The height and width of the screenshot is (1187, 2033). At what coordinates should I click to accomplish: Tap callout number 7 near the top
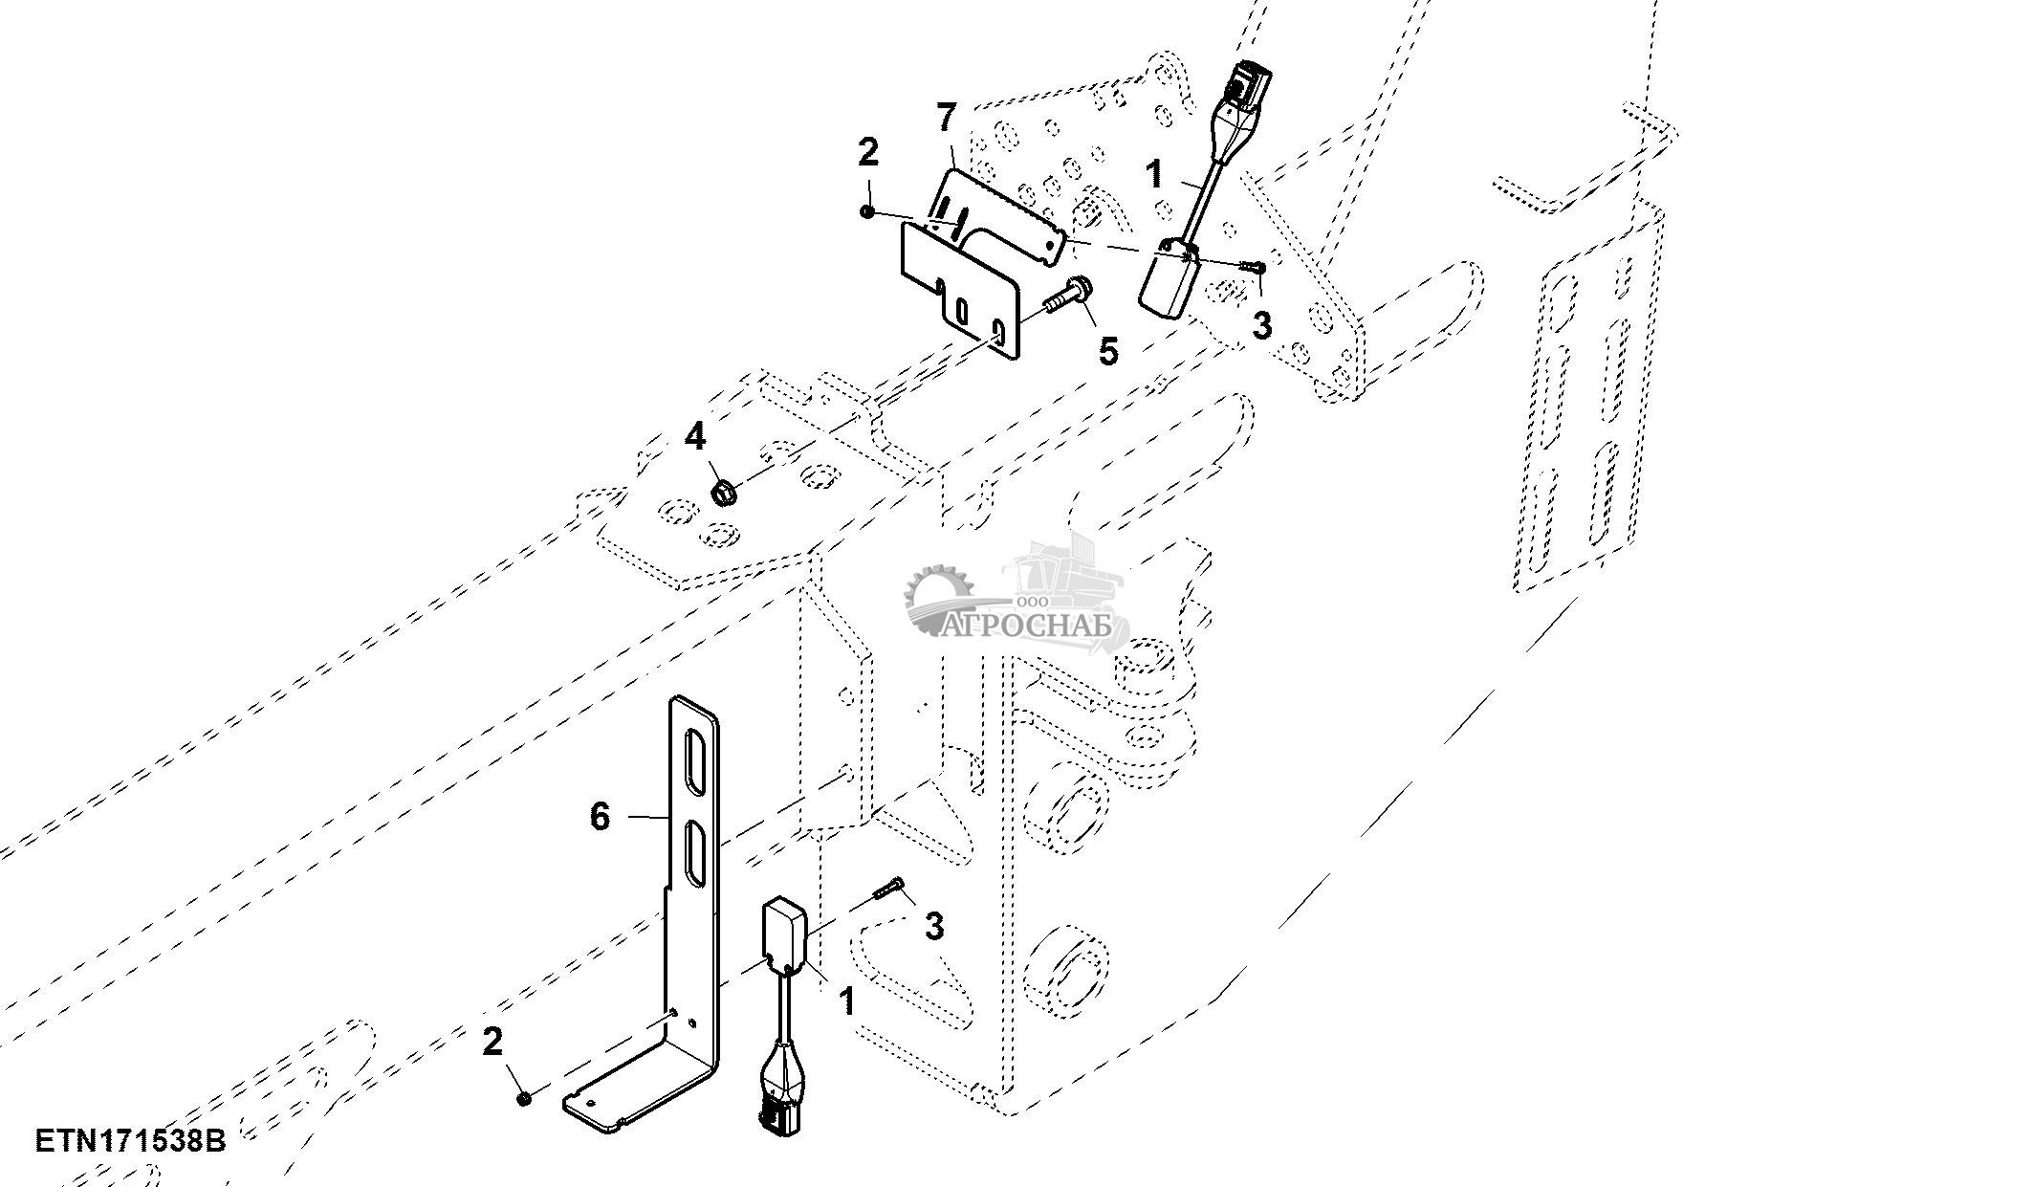click(x=945, y=119)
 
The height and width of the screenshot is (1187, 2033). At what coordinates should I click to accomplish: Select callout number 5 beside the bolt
click(x=1107, y=351)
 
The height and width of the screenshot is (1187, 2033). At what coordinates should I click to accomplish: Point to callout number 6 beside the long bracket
click(x=600, y=817)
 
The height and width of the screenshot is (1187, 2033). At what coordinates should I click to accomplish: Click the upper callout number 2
click(x=867, y=151)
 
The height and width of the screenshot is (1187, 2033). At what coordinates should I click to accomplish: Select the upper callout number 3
click(x=1262, y=325)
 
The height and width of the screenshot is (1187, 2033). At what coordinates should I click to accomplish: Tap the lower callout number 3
click(x=934, y=926)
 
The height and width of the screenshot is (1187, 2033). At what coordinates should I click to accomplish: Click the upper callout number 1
click(x=1154, y=173)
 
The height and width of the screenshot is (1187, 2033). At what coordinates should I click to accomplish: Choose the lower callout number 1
click(x=846, y=1002)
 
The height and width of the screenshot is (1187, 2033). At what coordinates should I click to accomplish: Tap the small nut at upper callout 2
click(x=866, y=211)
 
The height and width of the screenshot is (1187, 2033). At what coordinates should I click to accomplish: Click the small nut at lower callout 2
click(x=524, y=1099)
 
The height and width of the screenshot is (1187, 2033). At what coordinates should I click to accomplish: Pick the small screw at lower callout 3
click(x=886, y=890)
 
